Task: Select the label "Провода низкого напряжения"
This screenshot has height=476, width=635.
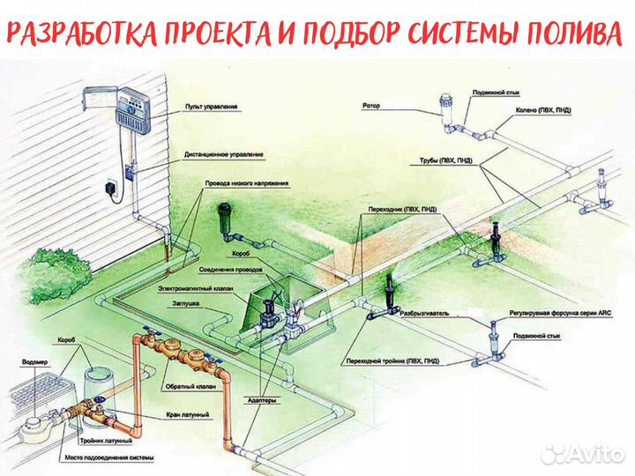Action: click(246, 182)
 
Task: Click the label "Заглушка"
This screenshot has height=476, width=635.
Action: click(186, 303)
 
